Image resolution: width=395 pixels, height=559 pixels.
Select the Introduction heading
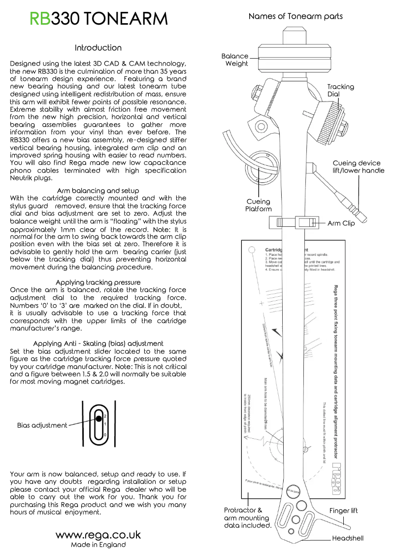point(98,48)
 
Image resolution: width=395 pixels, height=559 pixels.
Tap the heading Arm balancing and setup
point(98,190)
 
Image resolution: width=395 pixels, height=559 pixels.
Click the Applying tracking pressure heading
point(98,282)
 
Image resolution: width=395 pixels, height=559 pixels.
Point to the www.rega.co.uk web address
point(98,535)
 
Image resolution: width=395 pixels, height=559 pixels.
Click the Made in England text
point(98,545)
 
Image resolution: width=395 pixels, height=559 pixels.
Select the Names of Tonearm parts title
point(296,16)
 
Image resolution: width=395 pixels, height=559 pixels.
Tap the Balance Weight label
point(235,60)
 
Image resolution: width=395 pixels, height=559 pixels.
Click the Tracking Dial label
point(340,90)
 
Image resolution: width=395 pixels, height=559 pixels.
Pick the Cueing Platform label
point(258,205)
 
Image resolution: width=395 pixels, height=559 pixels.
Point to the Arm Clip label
point(344,223)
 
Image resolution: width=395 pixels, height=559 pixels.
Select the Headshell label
point(347,538)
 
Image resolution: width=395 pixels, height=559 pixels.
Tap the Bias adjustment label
point(42,425)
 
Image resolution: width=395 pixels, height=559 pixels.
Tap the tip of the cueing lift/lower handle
point(363,218)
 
